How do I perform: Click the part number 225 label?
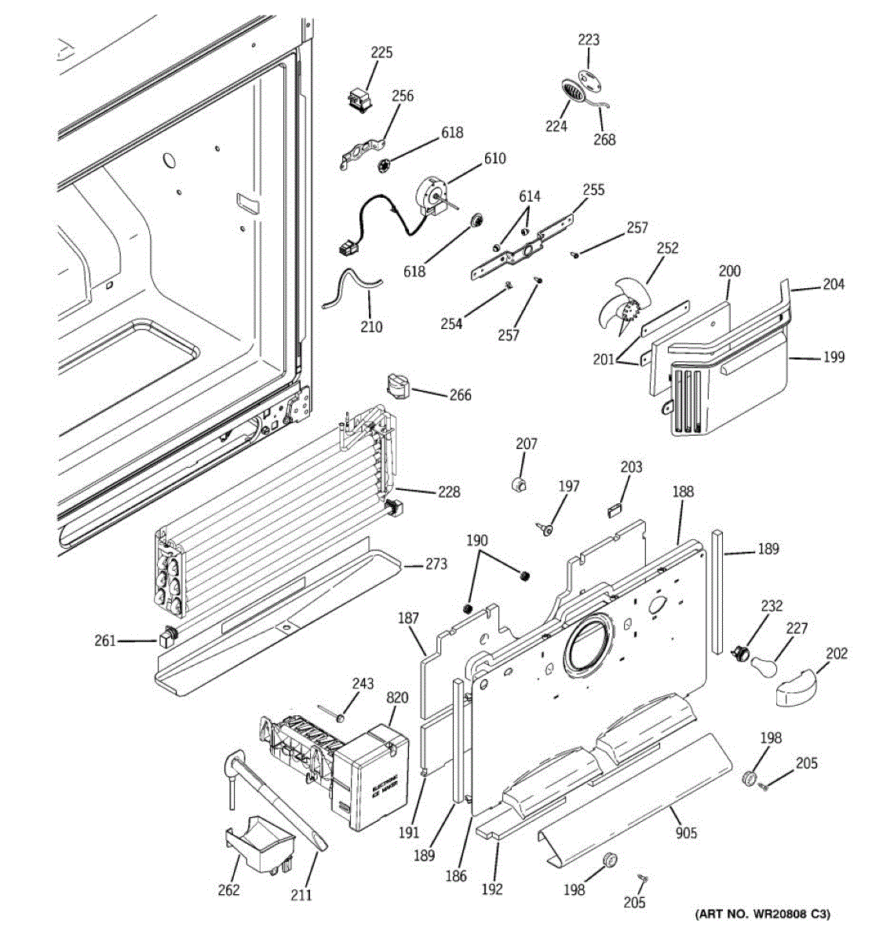(x=381, y=53)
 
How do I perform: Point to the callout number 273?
(x=436, y=564)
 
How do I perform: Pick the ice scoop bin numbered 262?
(x=258, y=845)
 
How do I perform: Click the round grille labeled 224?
(x=574, y=91)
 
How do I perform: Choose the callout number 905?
(x=685, y=833)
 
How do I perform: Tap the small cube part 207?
(x=517, y=485)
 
